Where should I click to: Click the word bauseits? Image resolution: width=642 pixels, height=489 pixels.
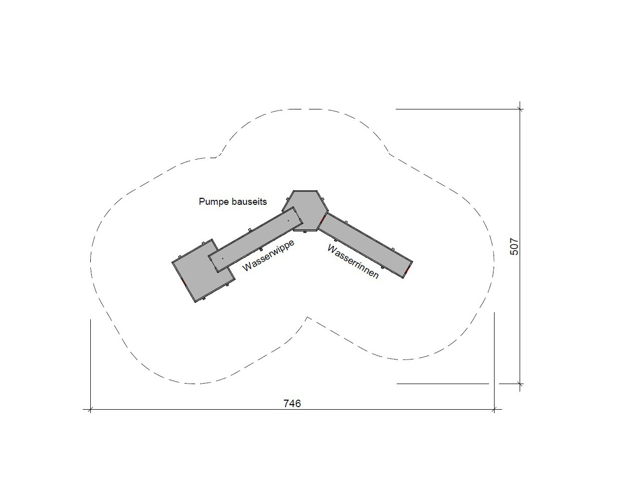[249, 202]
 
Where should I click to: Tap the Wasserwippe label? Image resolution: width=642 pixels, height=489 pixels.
[268, 255]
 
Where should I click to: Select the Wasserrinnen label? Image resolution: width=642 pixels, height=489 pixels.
[353, 262]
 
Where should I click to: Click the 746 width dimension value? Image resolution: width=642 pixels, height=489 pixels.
[292, 404]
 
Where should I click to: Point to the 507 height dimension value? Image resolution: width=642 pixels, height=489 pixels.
[514, 247]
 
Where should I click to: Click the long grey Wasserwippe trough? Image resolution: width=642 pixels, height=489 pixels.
[255, 239]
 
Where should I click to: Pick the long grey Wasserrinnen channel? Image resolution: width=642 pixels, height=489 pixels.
[366, 245]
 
